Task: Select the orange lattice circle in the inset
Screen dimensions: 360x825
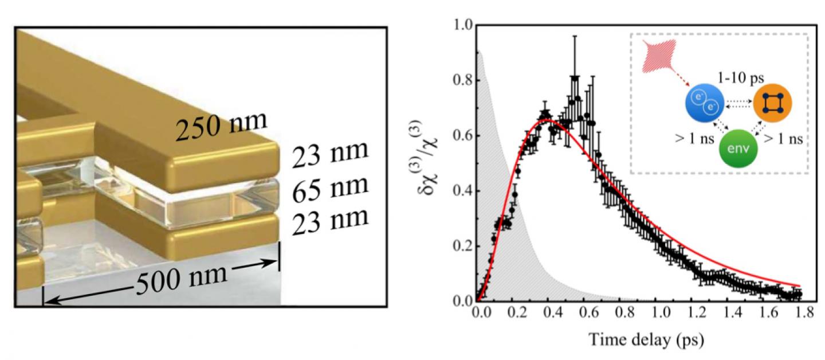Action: (x=773, y=105)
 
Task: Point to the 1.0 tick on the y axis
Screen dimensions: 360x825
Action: (x=461, y=26)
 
